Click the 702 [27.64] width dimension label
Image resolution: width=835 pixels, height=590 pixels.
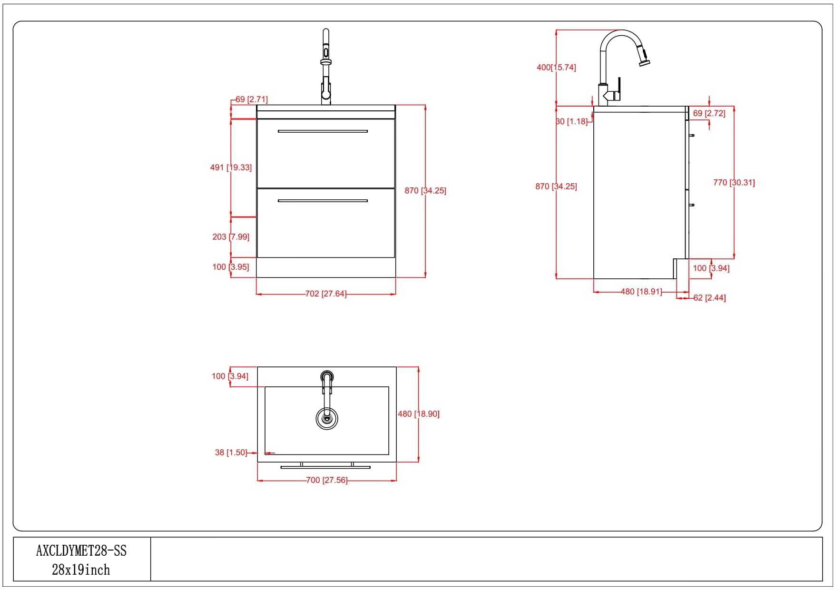(x=326, y=294)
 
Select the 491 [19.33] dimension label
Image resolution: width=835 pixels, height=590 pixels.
(x=231, y=167)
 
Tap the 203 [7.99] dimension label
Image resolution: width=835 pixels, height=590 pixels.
(x=231, y=237)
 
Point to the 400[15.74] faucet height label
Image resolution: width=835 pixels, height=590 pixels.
(x=556, y=68)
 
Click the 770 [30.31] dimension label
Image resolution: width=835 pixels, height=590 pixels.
(x=734, y=183)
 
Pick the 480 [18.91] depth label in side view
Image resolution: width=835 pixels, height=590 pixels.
(x=641, y=292)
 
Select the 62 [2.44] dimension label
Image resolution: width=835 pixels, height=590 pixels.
(x=709, y=298)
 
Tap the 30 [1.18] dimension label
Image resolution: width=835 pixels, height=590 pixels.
(x=572, y=122)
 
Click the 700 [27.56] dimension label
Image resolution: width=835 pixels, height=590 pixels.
(x=326, y=481)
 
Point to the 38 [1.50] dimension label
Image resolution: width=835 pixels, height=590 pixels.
(x=231, y=452)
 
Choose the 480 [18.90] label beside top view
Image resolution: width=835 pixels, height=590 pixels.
(x=419, y=414)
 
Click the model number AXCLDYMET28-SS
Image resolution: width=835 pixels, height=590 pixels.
(x=81, y=551)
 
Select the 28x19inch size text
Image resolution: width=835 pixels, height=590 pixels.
(x=81, y=570)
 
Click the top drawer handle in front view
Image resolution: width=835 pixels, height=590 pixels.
(x=323, y=131)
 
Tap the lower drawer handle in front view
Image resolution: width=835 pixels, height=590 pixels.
(x=323, y=201)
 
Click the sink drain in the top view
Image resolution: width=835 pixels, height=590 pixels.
(x=327, y=418)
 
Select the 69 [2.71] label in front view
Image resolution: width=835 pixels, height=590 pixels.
(x=252, y=99)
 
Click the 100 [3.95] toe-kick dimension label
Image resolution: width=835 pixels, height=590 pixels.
(x=231, y=267)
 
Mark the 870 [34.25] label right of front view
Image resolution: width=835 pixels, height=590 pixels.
(x=425, y=191)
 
